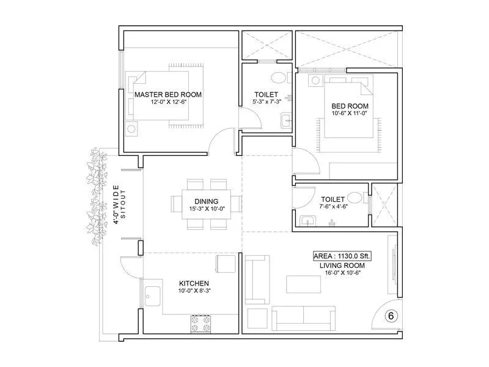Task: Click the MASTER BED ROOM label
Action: pos(167,94)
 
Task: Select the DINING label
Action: pos(206,201)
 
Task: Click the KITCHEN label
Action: pos(194,283)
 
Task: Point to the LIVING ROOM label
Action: pos(342,265)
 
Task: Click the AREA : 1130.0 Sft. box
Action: pos(342,256)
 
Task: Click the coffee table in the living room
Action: pos(303,284)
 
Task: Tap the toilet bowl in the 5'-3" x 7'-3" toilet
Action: pos(279,77)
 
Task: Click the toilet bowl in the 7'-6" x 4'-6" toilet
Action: pos(355,198)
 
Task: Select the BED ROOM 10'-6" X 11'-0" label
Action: pos(350,109)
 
